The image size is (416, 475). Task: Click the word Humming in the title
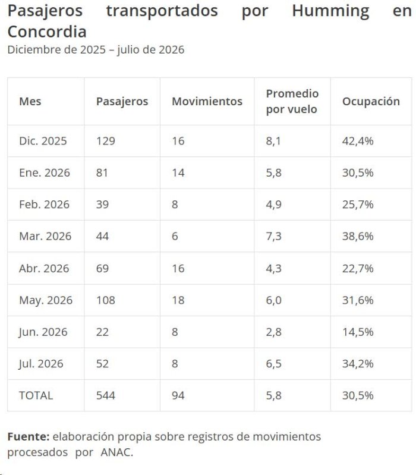330,11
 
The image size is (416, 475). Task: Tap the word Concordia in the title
47,32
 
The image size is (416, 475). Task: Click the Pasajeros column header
122,102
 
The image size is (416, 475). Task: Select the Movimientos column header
207,101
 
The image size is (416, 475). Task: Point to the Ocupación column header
371,102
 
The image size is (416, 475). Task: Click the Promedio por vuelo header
292,101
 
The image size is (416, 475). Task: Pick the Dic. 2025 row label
43,141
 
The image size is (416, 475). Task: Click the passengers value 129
106,141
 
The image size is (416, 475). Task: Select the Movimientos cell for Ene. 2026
178,172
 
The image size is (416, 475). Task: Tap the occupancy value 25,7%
358,205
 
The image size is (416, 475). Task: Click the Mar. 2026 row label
45,236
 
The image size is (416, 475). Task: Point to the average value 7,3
274,236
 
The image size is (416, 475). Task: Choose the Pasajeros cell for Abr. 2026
102,268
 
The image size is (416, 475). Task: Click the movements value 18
178,300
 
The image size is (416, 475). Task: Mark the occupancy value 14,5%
358,332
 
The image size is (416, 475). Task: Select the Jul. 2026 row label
41,363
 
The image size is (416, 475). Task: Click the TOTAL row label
36,395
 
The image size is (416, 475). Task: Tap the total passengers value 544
106,395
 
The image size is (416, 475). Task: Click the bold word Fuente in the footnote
29,436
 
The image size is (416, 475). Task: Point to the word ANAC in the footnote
116,452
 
